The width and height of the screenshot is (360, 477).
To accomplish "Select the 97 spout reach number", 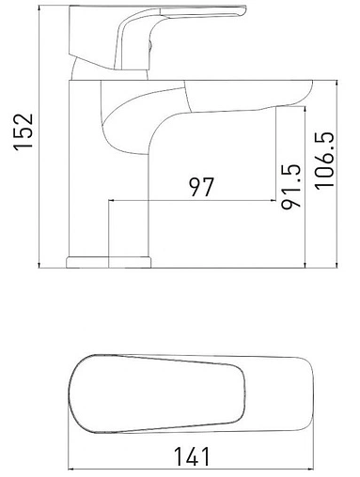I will coord(199,187).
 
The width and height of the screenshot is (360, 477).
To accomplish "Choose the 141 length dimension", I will coord(193,457).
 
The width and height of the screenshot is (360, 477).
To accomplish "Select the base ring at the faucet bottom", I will coord(109,259).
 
